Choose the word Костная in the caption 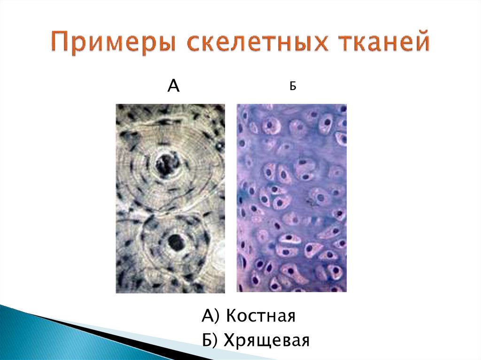[260, 316]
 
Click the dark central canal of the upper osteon [167, 164]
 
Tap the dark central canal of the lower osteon [175, 243]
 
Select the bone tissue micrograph [170, 198]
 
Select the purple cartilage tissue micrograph [291, 198]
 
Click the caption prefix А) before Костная [210, 316]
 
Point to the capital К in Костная [231, 316]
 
